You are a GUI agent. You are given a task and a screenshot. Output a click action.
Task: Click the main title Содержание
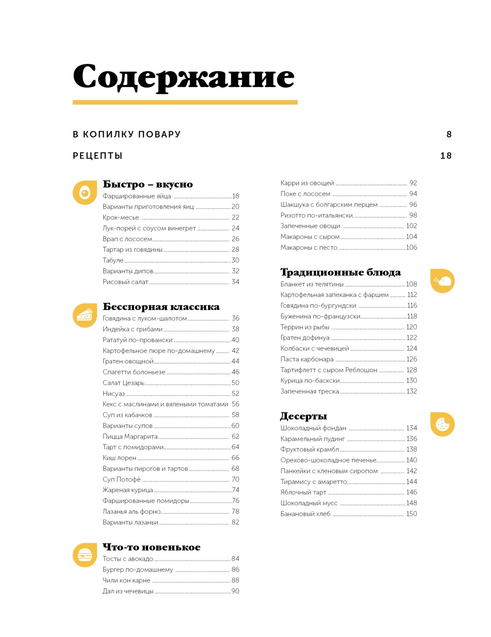point(183,77)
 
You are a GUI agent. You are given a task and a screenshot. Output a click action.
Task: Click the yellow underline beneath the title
point(185,102)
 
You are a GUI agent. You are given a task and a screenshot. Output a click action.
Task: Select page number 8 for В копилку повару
point(449,134)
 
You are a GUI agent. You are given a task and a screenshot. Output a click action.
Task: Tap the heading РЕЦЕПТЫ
point(98,156)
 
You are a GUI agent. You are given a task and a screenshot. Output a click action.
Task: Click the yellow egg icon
point(85,193)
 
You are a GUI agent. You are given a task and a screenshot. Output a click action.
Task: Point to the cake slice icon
point(85,315)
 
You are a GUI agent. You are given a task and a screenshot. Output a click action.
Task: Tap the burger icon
point(85,555)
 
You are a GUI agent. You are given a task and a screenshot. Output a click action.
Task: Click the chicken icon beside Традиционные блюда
point(442,281)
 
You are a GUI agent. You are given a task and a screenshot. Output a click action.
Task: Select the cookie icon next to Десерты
point(442,424)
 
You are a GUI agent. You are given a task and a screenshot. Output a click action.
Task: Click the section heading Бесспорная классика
point(161,307)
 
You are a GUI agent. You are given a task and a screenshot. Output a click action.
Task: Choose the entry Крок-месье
point(121,218)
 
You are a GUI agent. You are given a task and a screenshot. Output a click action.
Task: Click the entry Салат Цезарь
point(124,383)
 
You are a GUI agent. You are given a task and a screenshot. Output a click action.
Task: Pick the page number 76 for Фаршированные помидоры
point(235,501)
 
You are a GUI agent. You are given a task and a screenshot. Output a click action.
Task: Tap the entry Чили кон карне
point(126,580)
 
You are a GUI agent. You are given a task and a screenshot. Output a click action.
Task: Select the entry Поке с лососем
point(305,194)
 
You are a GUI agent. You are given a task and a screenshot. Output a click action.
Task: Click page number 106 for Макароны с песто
point(411,247)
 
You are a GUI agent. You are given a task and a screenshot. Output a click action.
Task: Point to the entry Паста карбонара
point(307,359)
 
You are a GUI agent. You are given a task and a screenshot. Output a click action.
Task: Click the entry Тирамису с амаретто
point(313,482)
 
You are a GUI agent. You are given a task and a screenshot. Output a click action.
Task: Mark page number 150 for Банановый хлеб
point(411,514)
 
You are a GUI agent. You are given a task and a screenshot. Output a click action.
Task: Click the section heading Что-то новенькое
point(151,547)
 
